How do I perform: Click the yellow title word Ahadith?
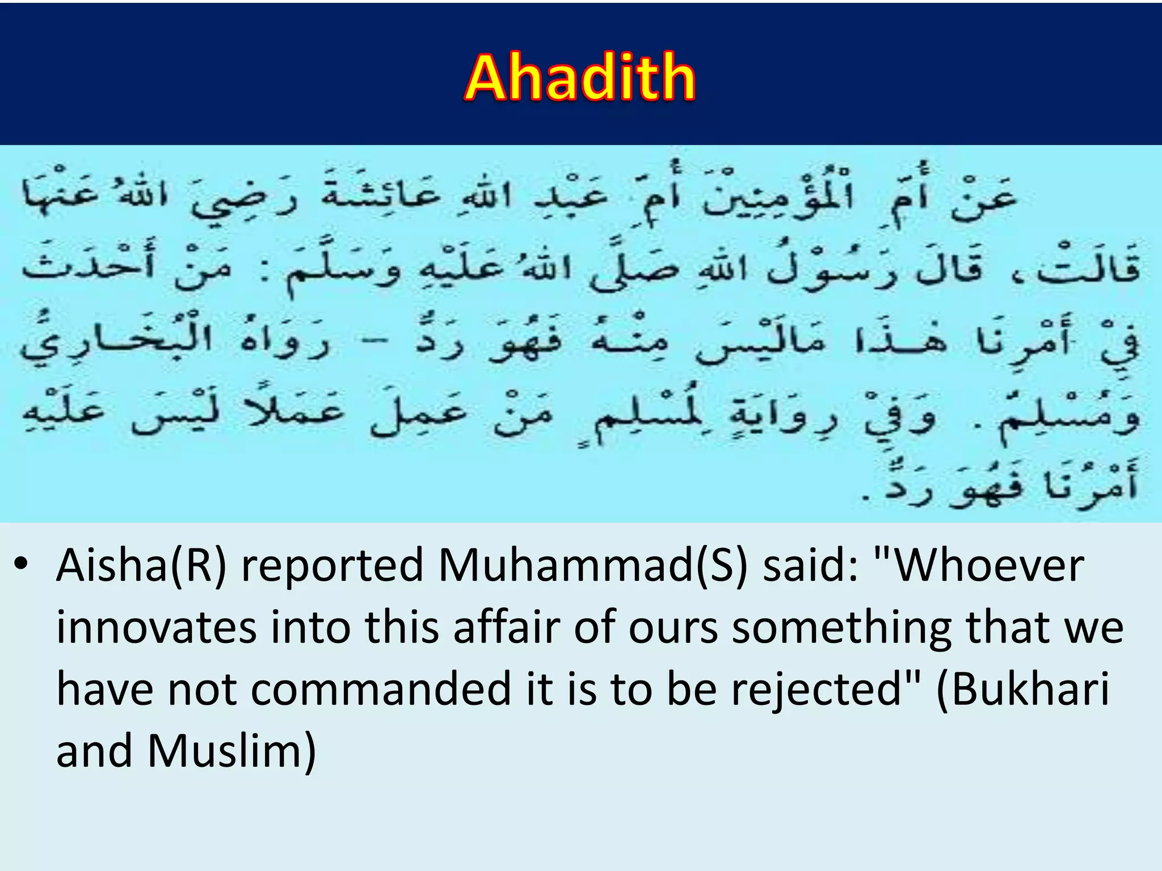[x=580, y=78]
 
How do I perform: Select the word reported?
[x=332, y=566]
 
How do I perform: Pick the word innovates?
[x=157, y=628]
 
